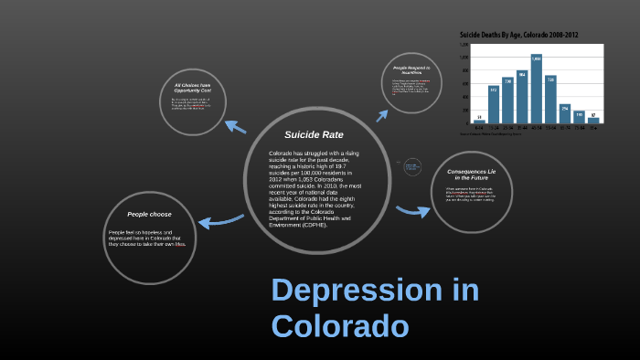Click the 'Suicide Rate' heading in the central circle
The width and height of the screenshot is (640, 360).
click(x=306, y=134)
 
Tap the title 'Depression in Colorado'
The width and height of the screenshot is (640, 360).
click(x=374, y=308)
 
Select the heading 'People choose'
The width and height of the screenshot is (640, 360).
click(x=149, y=214)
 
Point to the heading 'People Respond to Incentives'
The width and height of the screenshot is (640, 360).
click(x=411, y=71)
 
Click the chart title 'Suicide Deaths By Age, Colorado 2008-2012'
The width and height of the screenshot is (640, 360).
click(x=517, y=35)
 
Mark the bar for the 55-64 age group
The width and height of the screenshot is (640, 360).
click(x=550, y=100)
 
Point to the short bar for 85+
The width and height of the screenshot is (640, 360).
click(x=593, y=120)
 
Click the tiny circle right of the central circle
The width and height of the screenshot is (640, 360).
click(x=411, y=166)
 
